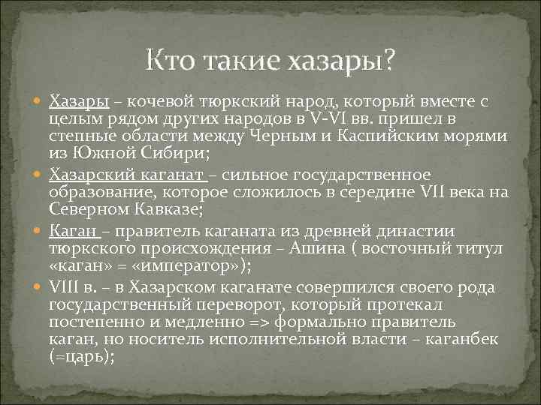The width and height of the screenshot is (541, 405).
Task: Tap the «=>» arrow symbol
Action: (261, 322)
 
